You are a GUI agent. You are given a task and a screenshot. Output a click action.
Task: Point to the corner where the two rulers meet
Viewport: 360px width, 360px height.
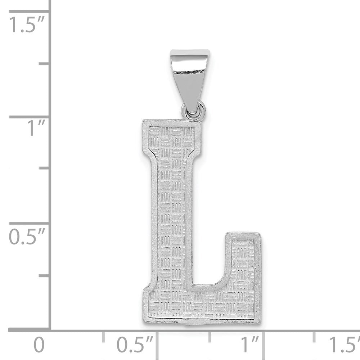coord(50,329)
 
